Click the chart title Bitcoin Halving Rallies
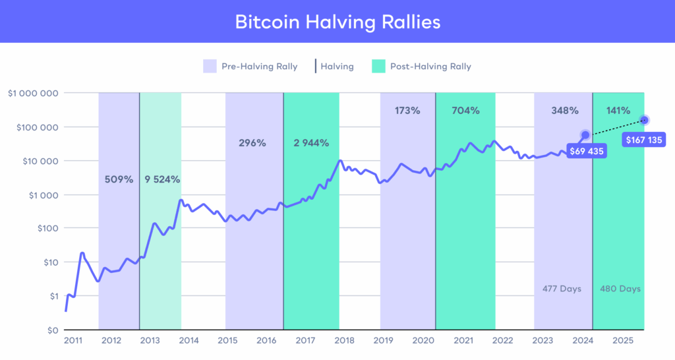coord(337,22)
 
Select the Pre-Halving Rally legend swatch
coord(210,67)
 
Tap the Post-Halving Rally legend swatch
coord(378,67)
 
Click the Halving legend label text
coord(337,67)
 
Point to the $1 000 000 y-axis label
coord(34,94)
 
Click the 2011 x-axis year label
coord(73,340)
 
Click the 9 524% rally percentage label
coord(162,179)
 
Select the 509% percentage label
coord(119,179)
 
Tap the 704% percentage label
coord(465,111)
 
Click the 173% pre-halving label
coord(407,111)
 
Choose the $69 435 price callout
coord(586,152)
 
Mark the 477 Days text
coord(562,289)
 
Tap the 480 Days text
coord(620,289)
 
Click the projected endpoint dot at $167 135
coord(645,120)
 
